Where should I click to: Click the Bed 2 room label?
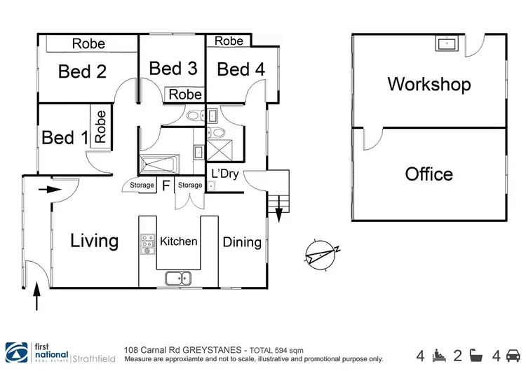(x=82, y=71)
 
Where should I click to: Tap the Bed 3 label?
(x=173, y=69)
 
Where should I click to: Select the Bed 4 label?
(x=241, y=69)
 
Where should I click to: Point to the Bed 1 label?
(x=65, y=138)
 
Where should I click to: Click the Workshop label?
(x=429, y=84)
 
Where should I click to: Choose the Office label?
(x=429, y=174)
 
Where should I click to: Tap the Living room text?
(x=94, y=241)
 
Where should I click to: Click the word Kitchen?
(x=178, y=241)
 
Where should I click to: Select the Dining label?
(x=242, y=242)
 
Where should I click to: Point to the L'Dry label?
(x=225, y=174)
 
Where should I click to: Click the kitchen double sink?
(x=178, y=279)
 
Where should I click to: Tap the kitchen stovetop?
(x=147, y=244)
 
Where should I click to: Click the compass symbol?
(x=321, y=255)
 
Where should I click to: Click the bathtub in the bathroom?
(x=159, y=163)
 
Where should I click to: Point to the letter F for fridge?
(x=166, y=185)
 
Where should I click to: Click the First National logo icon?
(x=16, y=353)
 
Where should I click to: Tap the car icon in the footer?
(x=513, y=356)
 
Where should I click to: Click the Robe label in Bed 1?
(x=100, y=127)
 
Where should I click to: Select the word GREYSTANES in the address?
(x=212, y=350)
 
